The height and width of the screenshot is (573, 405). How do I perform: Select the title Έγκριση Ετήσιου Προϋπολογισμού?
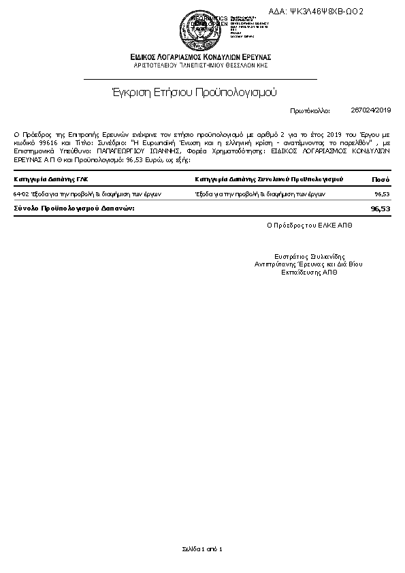(x=194, y=92)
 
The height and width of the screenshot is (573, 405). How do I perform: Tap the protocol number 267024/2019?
(x=371, y=110)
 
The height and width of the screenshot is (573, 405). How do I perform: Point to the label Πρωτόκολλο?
(x=310, y=110)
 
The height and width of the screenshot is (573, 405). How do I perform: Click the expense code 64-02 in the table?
(x=22, y=194)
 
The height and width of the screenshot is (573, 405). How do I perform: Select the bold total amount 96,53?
(x=380, y=208)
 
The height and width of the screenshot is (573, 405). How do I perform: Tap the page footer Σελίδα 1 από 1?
(x=202, y=548)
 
